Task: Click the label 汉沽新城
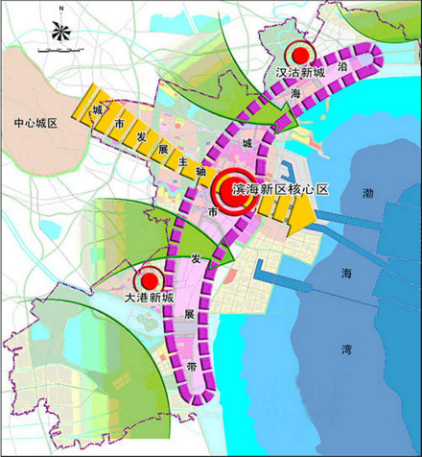[x=300, y=72]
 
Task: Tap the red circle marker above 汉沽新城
[x=301, y=54]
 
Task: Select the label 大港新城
[x=148, y=299]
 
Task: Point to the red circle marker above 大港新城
[x=149, y=280]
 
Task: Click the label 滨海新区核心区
[x=281, y=189]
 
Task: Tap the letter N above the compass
[x=59, y=9]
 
